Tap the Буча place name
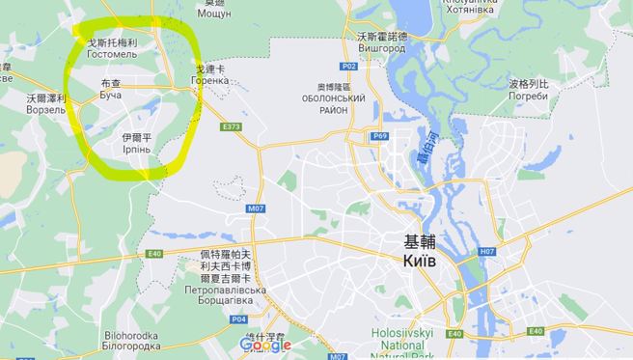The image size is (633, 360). coord(112,99)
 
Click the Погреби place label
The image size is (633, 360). coord(529,97)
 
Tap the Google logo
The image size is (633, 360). coord(265,345)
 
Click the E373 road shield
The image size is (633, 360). coord(230,126)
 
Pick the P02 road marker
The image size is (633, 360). coord(350,67)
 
